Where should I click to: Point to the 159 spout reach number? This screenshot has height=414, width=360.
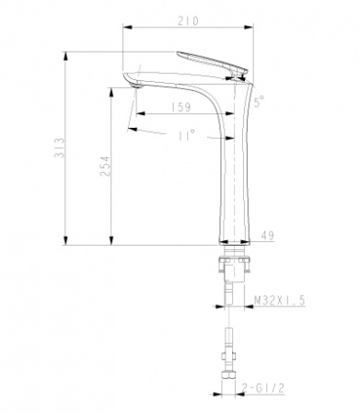coord(180,108)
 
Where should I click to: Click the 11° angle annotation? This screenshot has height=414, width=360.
coord(186,135)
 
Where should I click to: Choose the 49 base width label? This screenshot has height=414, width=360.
coord(267,236)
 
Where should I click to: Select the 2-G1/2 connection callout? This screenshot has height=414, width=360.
coord(275,392)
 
